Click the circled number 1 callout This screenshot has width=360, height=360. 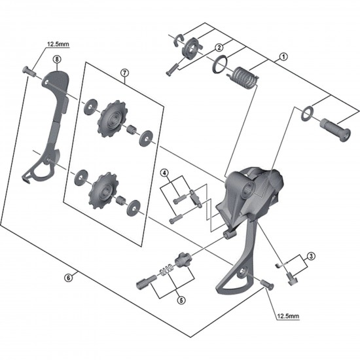283,57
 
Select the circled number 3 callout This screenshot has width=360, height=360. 312,256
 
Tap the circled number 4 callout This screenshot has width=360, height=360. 165,173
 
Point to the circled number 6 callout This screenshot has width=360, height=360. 67,277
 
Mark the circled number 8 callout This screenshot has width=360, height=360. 57,58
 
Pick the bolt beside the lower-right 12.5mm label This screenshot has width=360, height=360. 266,283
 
